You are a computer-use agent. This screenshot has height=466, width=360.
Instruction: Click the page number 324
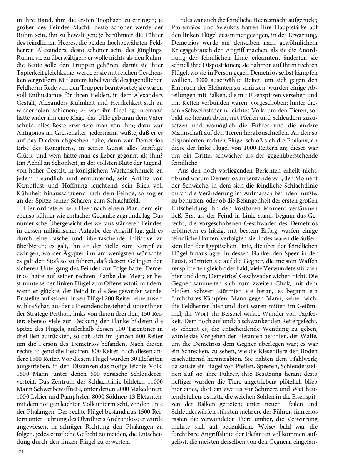(20, 451)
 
